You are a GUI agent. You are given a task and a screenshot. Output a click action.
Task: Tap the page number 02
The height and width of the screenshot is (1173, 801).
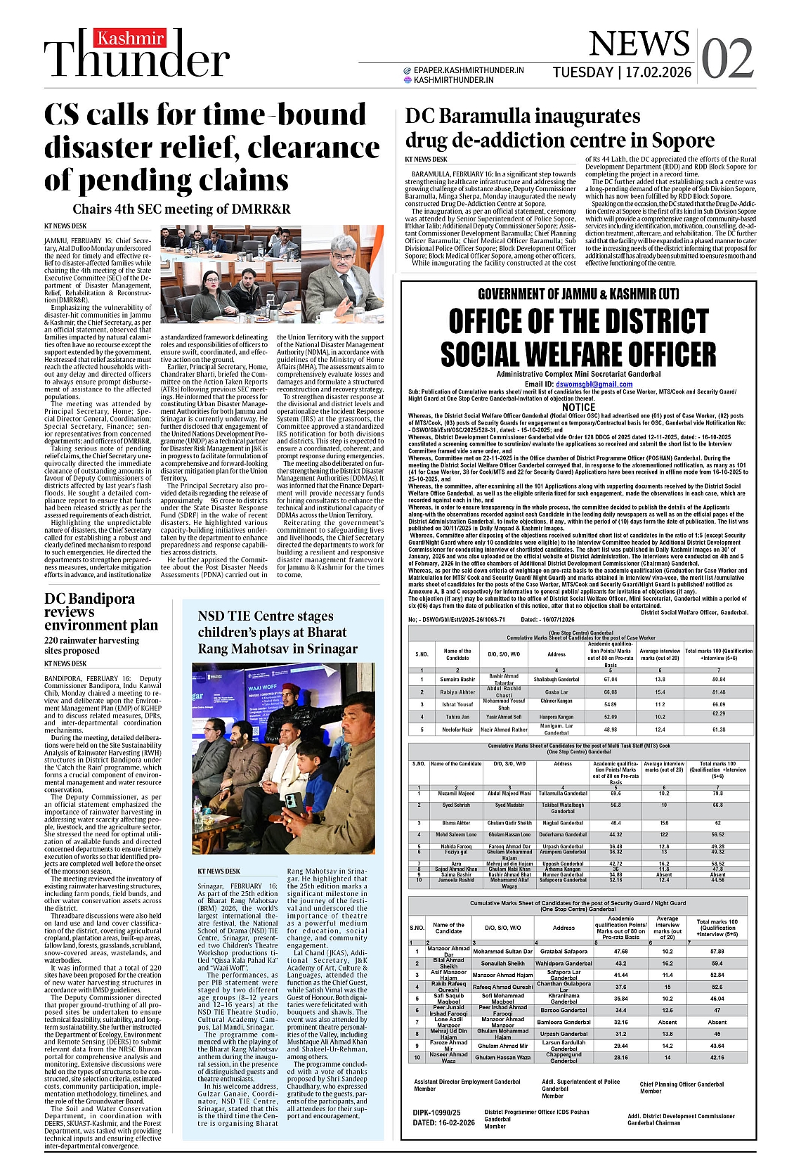(x=727, y=59)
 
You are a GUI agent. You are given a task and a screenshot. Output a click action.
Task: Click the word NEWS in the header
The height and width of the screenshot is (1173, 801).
(x=639, y=44)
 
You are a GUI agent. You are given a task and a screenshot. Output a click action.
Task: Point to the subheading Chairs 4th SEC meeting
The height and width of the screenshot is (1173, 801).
(x=181, y=209)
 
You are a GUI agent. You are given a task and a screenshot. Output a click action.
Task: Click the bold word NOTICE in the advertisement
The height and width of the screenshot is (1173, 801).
(x=578, y=407)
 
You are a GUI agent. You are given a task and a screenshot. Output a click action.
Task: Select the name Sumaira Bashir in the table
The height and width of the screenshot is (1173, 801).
(x=457, y=680)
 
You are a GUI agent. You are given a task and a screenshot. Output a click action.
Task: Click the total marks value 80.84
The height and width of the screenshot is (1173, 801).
(x=718, y=680)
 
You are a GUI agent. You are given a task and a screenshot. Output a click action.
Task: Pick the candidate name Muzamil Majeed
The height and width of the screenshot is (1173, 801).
(x=456, y=793)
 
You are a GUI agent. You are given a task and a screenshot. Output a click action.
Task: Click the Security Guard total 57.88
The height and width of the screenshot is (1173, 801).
(x=717, y=952)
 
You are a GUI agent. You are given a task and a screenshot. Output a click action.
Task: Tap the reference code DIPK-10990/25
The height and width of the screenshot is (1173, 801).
(x=436, y=1113)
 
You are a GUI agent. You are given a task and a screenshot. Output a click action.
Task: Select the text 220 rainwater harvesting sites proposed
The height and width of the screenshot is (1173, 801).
(x=91, y=645)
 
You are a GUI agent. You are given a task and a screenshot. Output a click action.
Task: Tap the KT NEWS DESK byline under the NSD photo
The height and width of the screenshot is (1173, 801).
(x=219, y=871)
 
